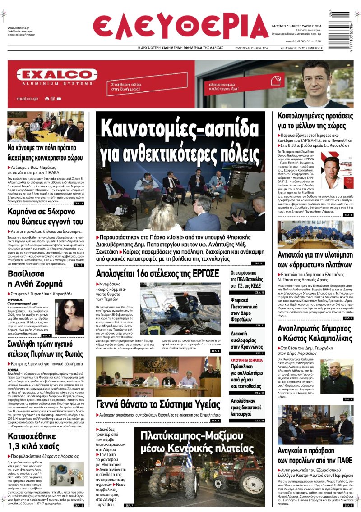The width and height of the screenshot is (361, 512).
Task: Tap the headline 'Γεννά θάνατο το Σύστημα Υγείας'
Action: (158, 404)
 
